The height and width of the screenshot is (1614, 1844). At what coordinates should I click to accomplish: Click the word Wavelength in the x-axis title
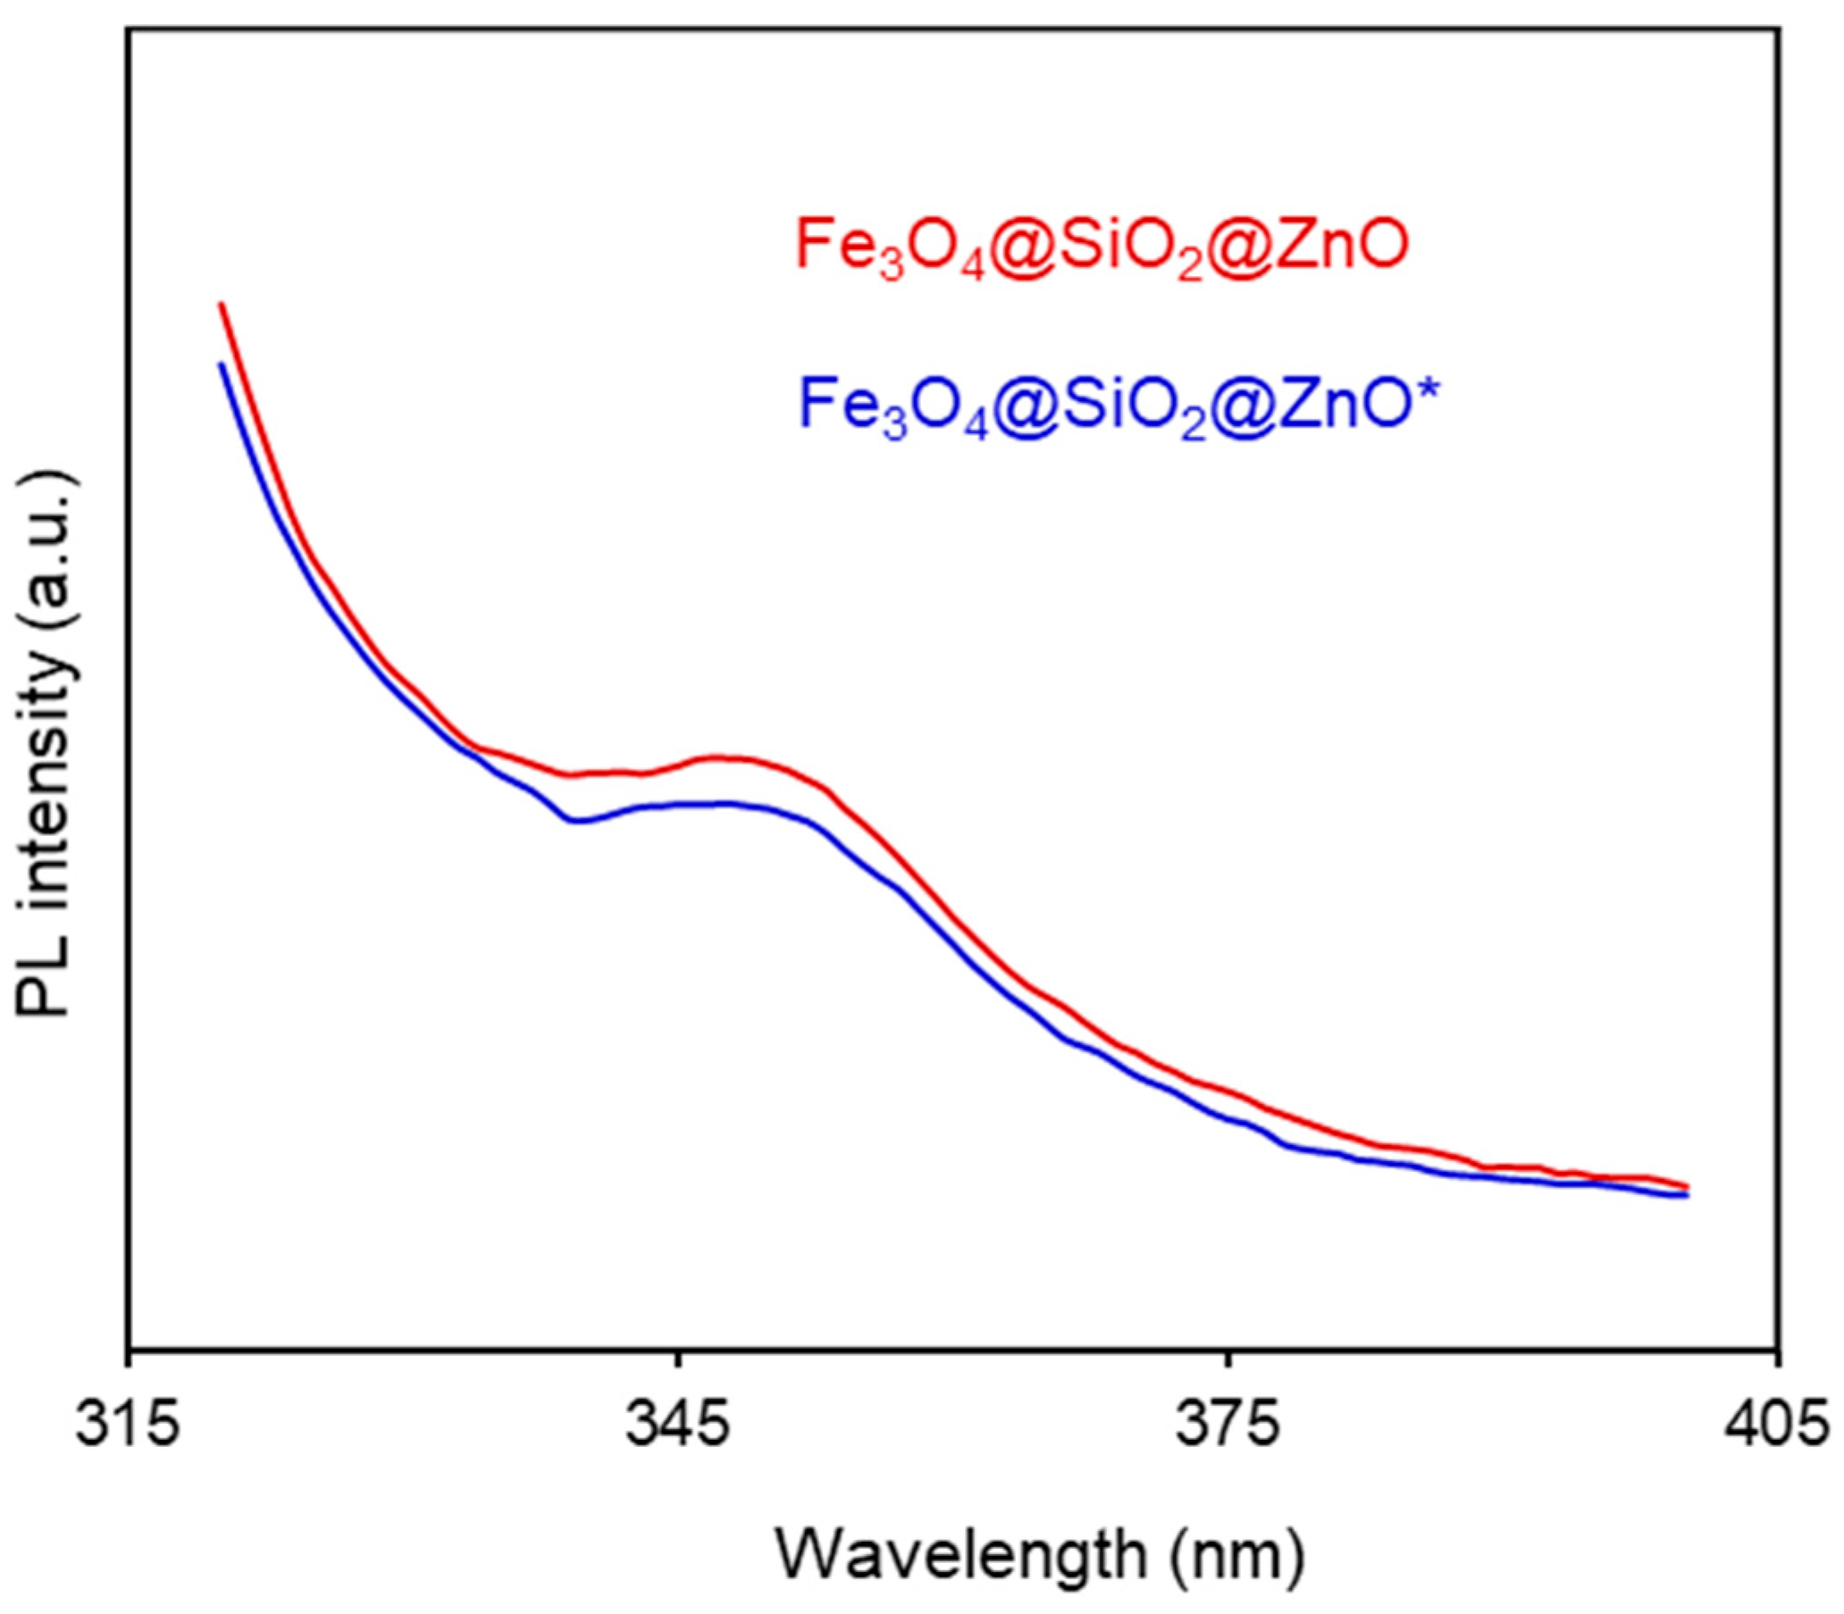click(x=960, y=1555)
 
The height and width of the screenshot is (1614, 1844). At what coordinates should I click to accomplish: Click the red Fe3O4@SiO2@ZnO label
click(x=1101, y=248)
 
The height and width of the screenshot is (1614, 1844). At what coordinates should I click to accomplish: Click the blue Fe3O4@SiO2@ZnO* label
click(x=1117, y=406)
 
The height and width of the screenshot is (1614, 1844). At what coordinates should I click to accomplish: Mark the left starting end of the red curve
click(x=221, y=305)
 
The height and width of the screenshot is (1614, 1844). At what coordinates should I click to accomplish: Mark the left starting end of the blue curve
click(x=221, y=364)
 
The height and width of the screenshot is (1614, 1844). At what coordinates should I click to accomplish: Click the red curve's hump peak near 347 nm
click(x=725, y=757)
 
